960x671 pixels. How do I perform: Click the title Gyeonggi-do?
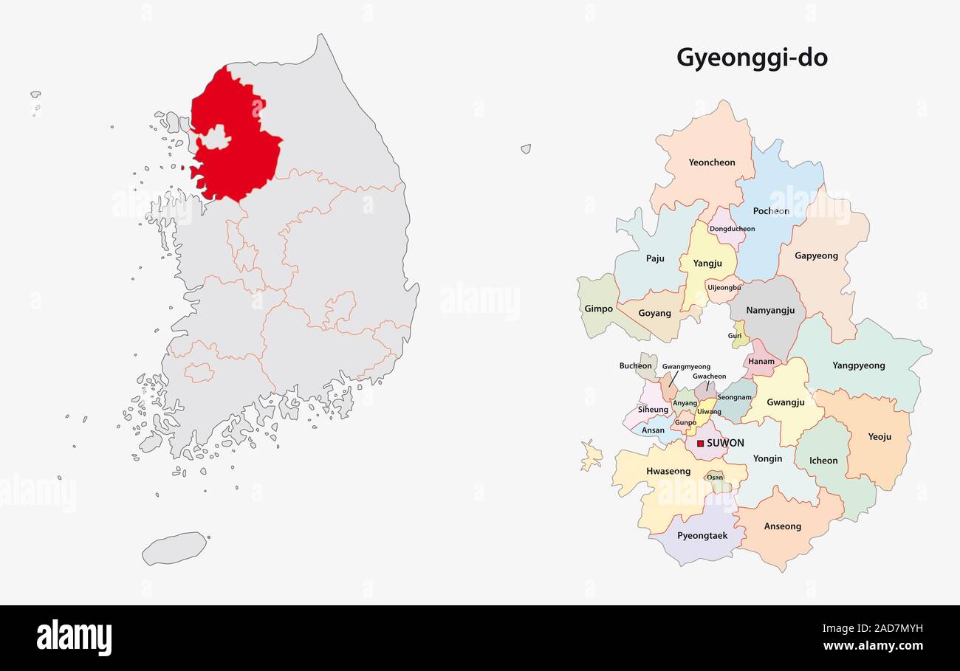point(752,58)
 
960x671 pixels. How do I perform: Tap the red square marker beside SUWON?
point(700,444)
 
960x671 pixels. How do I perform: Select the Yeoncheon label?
point(712,162)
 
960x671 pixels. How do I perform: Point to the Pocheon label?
point(771,211)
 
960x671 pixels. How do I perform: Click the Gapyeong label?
point(816,256)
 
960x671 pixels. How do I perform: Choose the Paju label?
point(655,258)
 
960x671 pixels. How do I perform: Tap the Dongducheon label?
point(732,229)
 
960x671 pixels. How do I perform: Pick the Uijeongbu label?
point(724,287)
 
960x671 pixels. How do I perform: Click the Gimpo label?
point(598,309)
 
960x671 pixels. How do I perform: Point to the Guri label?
point(735,336)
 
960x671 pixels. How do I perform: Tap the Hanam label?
point(761,362)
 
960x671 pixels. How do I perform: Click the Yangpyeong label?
point(858,365)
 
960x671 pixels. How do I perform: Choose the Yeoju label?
point(880,437)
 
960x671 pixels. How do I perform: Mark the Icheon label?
point(823,461)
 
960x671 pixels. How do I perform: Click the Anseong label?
point(782,526)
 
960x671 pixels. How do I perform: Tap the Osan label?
point(715,478)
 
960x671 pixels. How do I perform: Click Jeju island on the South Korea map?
point(174,548)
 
